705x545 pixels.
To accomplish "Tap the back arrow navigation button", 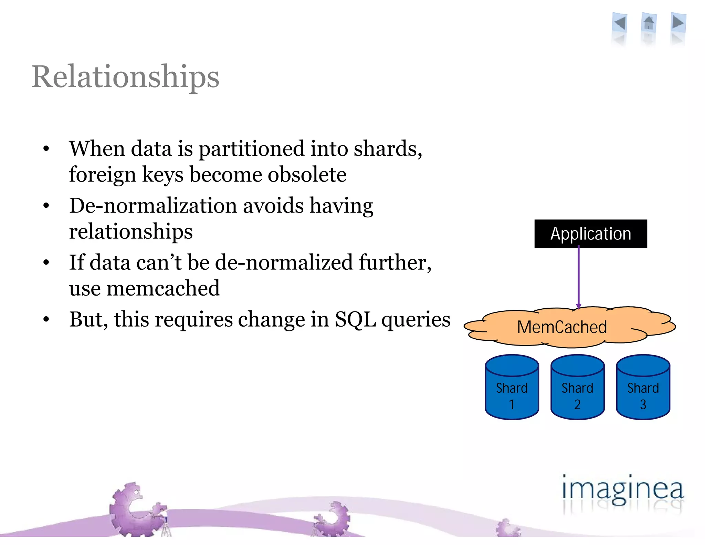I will click(x=620, y=23).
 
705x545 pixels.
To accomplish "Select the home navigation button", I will click(x=649, y=23).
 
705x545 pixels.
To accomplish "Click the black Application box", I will click(x=590, y=234).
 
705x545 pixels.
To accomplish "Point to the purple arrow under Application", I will click(x=578, y=276).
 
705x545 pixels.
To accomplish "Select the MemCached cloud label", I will click(x=562, y=327).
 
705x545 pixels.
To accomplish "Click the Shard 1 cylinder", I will click(x=512, y=388).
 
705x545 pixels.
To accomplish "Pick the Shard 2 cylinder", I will click(x=577, y=388).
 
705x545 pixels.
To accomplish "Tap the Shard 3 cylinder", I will click(x=643, y=388).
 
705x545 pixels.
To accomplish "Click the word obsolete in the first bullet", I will click(x=307, y=175).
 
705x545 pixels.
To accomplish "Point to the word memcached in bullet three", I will click(x=163, y=288).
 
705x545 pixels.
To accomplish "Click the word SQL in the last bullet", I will click(x=355, y=320).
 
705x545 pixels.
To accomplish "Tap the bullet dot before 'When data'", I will click(x=46, y=149).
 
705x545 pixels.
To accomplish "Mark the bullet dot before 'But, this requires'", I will click(x=46, y=320).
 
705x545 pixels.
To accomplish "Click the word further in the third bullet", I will click(x=394, y=263).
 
